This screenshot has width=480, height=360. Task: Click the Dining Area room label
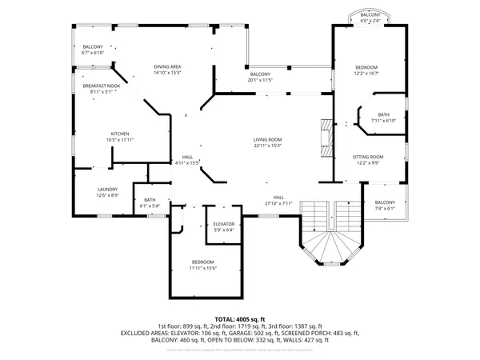(168, 70)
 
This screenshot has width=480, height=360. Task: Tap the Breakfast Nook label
(101, 88)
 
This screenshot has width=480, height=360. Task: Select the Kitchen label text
(121, 137)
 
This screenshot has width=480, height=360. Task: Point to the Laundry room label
(107, 192)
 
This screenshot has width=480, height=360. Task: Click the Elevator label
(223, 226)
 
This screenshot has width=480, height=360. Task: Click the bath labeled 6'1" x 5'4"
(150, 203)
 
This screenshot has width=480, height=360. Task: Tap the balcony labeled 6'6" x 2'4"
(370, 18)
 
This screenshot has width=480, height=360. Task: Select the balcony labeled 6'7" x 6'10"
(93, 50)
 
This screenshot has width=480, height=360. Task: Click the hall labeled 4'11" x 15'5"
(187, 159)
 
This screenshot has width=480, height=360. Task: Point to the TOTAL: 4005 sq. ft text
(239, 318)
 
